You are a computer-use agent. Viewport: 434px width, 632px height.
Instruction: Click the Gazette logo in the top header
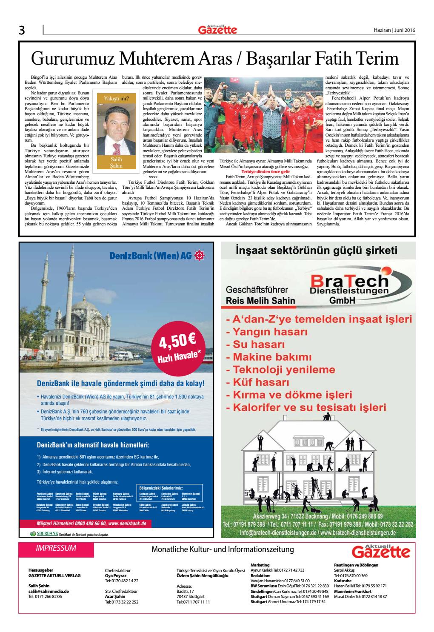click(217, 29)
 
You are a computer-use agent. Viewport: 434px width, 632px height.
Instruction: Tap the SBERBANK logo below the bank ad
click(45, 533)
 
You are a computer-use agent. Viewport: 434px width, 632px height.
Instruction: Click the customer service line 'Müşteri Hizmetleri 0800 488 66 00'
click(92, 524)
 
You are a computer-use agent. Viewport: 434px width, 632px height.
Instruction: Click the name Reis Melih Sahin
click(260, 301)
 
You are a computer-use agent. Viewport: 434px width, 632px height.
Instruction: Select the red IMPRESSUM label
click(56, 548)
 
